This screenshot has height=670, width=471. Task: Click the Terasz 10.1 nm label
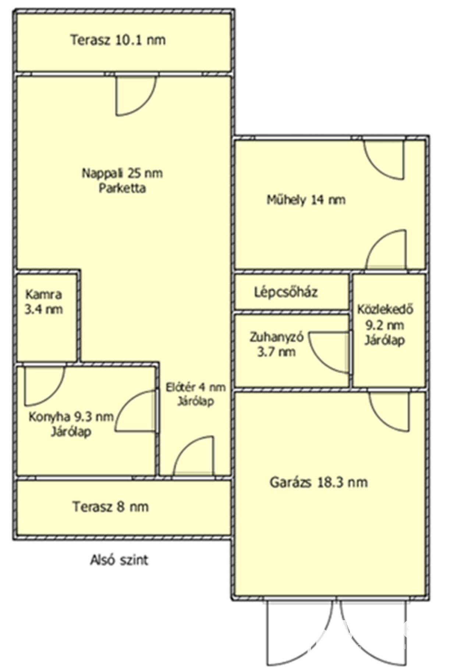coord(118,40)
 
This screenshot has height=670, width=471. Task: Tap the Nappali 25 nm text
coord(122,173)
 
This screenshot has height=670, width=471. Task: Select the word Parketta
coord(122,188)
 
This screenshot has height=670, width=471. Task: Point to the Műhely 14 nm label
coord(306,200)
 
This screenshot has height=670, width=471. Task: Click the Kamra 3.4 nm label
coord(44,302)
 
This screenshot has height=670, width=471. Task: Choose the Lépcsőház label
coord(286,292)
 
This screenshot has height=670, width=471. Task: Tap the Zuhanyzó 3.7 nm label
coord(276,344)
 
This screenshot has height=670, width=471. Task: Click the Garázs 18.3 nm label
coord(319,482)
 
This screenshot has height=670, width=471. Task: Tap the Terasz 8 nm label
coord(111,507)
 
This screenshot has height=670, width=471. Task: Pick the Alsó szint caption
coord(119,560)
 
